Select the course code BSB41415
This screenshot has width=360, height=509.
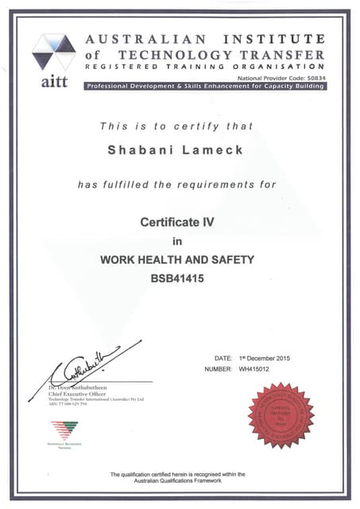[x=177, y=278]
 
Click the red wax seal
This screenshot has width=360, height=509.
[x=281, y=415]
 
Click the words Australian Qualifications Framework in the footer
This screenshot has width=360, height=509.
[x=178, y=480]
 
